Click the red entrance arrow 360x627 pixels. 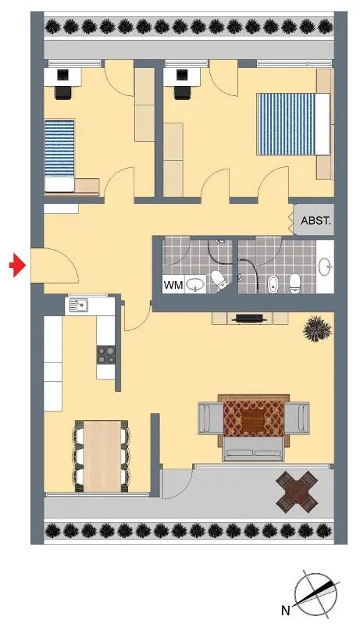(18, 265)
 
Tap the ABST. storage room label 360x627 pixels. (316, 221)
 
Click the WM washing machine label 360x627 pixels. (173, 285)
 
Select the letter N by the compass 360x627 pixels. (285, 610)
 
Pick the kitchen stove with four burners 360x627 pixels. (106, 354)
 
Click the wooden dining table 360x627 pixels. (102, 456)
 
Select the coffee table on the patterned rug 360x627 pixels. (252, 421)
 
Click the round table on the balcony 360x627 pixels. (297, 491)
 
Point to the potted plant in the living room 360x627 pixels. (318, 329)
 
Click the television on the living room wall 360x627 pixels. (250, 319)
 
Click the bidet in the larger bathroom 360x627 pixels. (273, 284)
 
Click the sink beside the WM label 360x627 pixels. (195, 285)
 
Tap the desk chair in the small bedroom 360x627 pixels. (63, 92)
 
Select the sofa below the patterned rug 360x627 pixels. (254, 449)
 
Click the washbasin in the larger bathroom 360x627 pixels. (325, 266)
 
